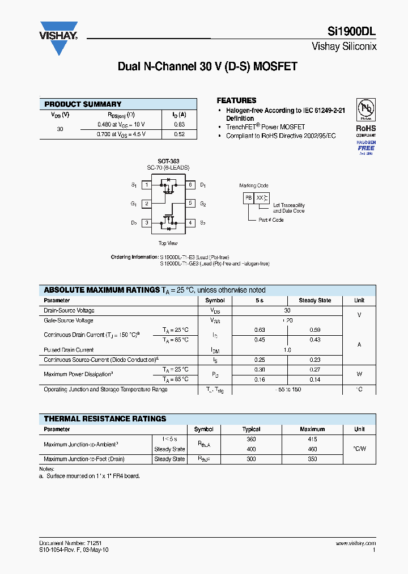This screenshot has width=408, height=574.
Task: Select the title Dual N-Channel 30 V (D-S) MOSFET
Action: click(207, 66)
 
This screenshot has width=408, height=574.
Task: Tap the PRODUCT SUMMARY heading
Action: click(83, 104)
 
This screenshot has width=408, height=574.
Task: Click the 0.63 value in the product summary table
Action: click(179, 124)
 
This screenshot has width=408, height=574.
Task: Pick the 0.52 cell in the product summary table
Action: click(179, 134)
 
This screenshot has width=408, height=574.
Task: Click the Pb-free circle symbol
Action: click(365, 108)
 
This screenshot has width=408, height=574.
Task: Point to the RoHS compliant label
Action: click(365, 130)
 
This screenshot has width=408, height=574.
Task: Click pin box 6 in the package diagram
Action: click(190, 185)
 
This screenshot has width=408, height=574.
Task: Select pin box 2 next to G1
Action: click(146, 204)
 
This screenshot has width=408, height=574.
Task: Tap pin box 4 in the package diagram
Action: click(190, 223)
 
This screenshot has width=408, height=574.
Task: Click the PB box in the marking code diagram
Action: click(248, 197)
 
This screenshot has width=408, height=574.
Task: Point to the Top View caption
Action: click(168, 243)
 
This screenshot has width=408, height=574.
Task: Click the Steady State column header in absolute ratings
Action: click(315, 301)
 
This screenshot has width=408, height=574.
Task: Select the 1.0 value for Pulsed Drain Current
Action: click(287, 350)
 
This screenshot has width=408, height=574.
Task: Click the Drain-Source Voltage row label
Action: click(69, 311)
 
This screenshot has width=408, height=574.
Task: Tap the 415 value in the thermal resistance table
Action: click(312, 440)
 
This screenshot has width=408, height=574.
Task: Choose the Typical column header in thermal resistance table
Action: click(251, 429)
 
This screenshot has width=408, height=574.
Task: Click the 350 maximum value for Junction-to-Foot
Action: click(312, 459)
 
